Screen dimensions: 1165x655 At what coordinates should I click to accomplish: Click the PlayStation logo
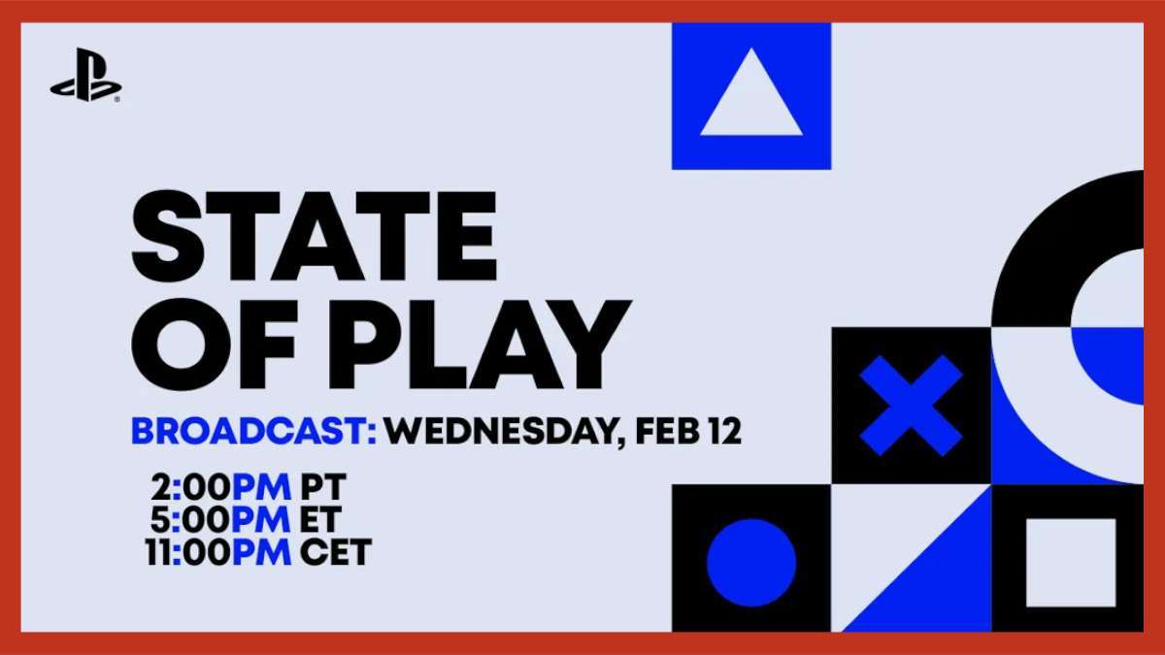tap(85, 75)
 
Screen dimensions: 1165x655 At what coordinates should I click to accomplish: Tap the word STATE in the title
tap(315, 236)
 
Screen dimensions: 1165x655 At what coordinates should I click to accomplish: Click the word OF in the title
tap(215, 344)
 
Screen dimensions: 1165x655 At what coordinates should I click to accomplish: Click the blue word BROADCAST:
tap(253, 431)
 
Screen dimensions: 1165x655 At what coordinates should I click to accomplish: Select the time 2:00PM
tap(221, 487)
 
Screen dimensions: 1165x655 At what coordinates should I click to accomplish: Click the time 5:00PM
tap(220, 519)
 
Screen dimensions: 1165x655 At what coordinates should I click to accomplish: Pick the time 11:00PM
tap(218, 551)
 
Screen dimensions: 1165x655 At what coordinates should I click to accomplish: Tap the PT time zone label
tap(323, 487)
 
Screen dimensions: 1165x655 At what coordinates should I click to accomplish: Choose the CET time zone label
tap(336, 551)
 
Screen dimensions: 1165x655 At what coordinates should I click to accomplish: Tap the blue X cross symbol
tap(912, 406)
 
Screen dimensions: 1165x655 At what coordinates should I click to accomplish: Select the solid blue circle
tap(751, 563)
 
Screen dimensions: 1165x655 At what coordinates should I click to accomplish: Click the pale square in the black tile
tap(1072, 563)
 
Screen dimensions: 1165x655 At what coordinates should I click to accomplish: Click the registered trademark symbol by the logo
tap(117, 99)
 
